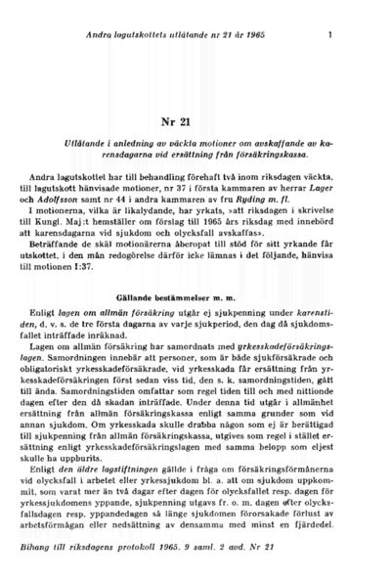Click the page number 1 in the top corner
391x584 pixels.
pyautogui.click(x=331, y=37)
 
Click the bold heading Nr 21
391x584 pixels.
pyautogui.click(x=195, y=121)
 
